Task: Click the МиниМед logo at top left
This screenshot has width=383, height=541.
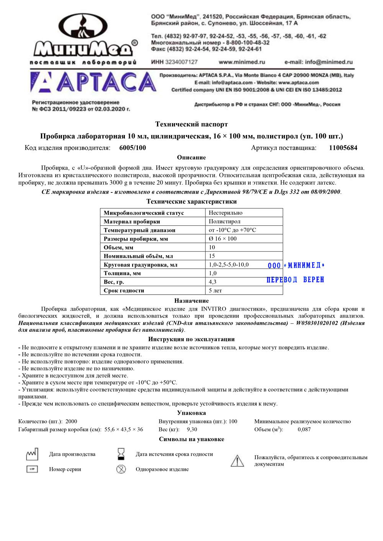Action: (x=84, y=40)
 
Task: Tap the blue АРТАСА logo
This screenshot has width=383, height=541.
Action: (x=93, y=83)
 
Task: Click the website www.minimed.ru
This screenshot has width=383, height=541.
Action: (x=242, y=62)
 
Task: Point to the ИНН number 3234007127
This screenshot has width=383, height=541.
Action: (x=174, y=62)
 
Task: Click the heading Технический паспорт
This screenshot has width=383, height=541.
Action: (x=191, y=124)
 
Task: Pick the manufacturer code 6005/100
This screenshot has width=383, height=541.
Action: (x=133, y=148)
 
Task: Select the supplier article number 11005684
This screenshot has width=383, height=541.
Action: (x=343, y=148)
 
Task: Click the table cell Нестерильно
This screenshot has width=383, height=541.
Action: (x=226, y=213)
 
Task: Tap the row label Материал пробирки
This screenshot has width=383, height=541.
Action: (x=132, y=222)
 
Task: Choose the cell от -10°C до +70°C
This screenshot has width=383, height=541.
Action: (x=232, y=230)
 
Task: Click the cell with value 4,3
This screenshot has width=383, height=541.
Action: (x=213, y=282)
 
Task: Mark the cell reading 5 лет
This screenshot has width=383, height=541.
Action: (x=215, y=290)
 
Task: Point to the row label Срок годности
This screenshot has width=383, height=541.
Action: (x=124, y=290)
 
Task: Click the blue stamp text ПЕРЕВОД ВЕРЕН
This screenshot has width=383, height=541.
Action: (x=295, y=280)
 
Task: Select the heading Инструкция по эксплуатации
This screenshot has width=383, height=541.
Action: (x=191, y=339)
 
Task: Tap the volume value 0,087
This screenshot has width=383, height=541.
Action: (x=304, y=430)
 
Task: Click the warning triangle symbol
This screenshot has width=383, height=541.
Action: (x=237, y=461)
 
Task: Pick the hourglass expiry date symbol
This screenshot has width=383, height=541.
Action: (x=121, y=454)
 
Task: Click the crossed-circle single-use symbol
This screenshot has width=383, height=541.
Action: (x=121, y=469)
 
